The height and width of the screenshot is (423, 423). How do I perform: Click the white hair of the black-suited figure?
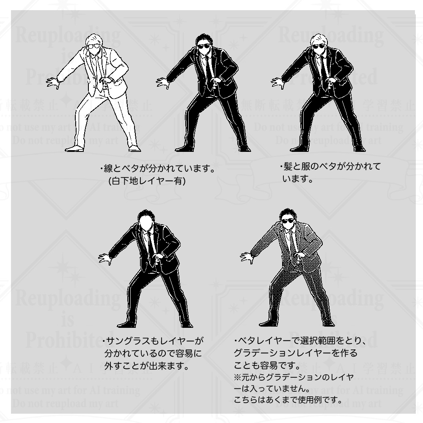pyautogui.click(x=319, y=38)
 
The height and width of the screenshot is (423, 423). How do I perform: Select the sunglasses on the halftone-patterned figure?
pyautogui.click(x=288, y=221)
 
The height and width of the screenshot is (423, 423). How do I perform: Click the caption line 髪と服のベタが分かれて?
pyautogui.click(x=330, y=167)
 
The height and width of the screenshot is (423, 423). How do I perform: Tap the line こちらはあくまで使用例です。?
pyautogui.click(x=288, y=399)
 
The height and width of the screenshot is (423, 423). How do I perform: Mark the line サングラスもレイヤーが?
pyautogui.click(x=153, y=341)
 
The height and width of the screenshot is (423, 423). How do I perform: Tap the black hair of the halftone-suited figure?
pyautogui.click(x=288, y=213)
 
